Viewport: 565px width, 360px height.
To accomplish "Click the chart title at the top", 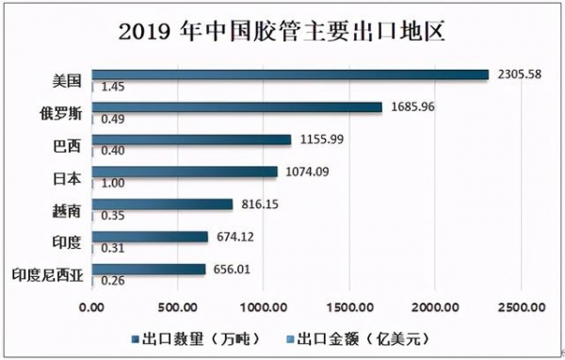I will click(282, 30).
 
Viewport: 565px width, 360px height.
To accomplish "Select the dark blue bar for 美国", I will click(290, 74).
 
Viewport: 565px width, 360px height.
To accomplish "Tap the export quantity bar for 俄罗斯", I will click(237, 106).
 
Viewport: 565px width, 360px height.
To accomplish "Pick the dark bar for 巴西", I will click(192, 139).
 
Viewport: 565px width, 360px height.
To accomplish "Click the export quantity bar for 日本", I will click(185, 172).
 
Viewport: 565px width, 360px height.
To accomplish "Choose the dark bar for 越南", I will click(162, 204).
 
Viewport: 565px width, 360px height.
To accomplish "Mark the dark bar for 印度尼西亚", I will click(149, 269).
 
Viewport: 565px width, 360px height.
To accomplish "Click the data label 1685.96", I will click(411, 106).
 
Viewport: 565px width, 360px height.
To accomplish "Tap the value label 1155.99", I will click(319, 139).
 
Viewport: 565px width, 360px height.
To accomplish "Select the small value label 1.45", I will click(113, 87).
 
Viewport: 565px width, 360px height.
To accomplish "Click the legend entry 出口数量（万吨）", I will click(196, 336).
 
